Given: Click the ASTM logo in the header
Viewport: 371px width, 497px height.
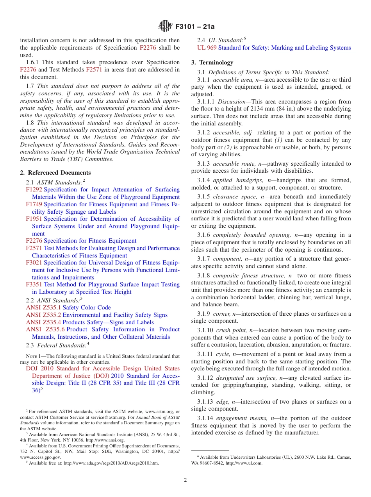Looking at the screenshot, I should pos(165,27).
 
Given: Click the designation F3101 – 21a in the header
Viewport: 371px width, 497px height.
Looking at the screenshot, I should pos(195,27).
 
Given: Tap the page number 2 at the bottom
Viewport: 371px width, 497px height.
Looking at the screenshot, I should pos(185,480).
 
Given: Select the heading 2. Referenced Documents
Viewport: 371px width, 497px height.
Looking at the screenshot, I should pos(55,173).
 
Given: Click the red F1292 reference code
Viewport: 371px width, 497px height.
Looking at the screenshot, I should pos(34,190).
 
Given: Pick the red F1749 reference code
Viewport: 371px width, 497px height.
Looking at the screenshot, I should pos(34,204).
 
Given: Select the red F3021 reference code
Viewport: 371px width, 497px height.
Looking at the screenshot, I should pos(34,263).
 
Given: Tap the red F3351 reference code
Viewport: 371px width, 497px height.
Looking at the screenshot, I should pos(34,284).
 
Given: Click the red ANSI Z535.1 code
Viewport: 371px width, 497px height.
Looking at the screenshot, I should pos(43,307).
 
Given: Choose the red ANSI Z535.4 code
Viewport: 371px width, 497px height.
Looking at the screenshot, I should pos(43,322).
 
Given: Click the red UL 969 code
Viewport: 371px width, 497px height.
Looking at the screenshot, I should pos(207,48).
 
